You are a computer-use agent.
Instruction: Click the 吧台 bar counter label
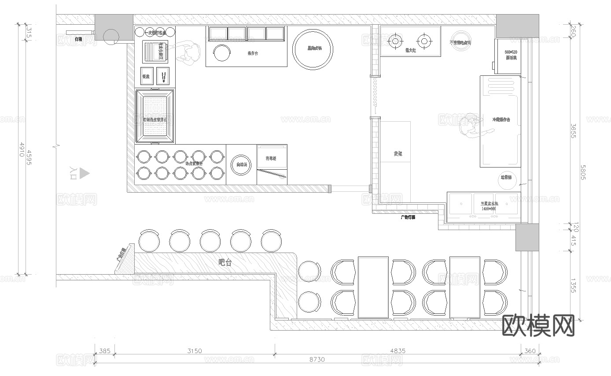point(225,263)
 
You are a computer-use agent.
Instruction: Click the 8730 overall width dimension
point(317,359)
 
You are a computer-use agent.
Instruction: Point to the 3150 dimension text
point(194,351)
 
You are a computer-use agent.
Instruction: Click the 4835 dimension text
point(398,351)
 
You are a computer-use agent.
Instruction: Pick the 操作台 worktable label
point(253,54)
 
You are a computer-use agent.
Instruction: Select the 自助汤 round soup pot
point(241,164)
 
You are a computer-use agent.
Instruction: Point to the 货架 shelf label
point(398,154)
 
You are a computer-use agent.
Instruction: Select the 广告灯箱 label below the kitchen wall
point(408,217)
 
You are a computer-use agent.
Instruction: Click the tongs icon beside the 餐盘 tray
point(163,76)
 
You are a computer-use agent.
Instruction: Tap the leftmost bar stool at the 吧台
point(149,241)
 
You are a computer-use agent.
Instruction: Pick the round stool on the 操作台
point(222,53)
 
